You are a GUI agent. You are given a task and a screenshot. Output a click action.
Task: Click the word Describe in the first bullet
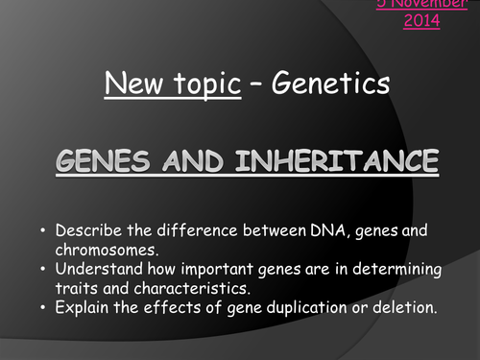coord(90,230)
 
